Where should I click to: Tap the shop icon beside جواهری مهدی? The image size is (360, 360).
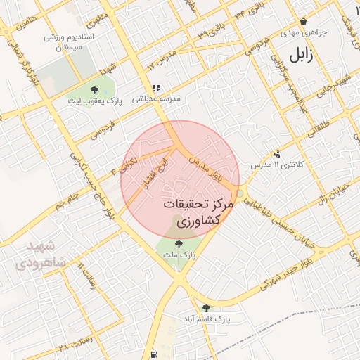pyautogui.click(x=303, y=22)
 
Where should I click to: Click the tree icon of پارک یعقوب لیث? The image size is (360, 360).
pyautogui.click(x=94, y=89)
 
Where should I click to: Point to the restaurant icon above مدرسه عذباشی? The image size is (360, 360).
pyautogui.click(x=156, y=89)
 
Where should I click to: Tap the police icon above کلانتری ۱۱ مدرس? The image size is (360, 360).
pyautogui.click(x=277, y=153)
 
